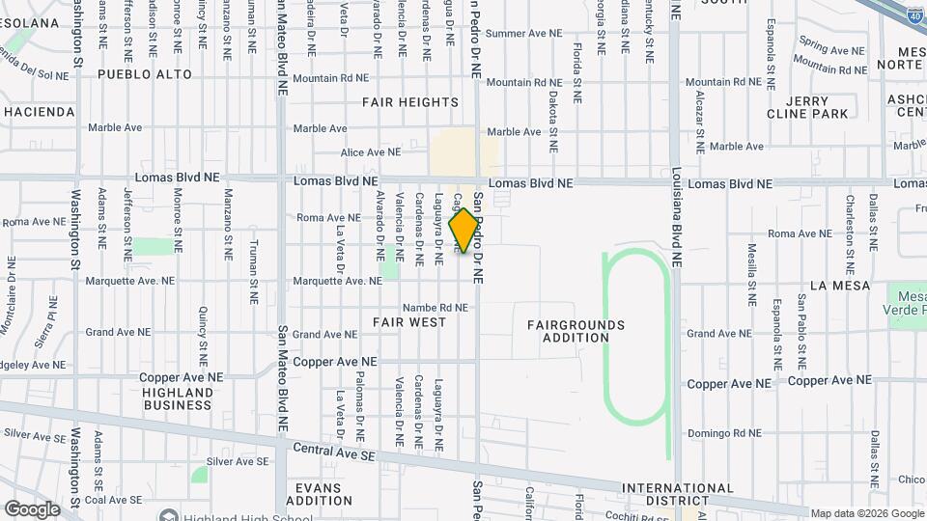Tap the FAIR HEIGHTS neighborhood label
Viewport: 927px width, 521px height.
409,102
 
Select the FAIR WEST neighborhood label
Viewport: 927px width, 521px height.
409,321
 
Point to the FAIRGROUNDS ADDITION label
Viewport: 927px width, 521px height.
576,331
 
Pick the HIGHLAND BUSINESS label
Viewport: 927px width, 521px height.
177,398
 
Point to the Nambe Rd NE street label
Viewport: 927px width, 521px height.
435,308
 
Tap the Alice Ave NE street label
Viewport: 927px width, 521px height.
370,152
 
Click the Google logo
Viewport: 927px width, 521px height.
33,508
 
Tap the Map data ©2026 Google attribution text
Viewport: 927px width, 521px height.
866,513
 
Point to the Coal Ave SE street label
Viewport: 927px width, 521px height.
113,500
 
